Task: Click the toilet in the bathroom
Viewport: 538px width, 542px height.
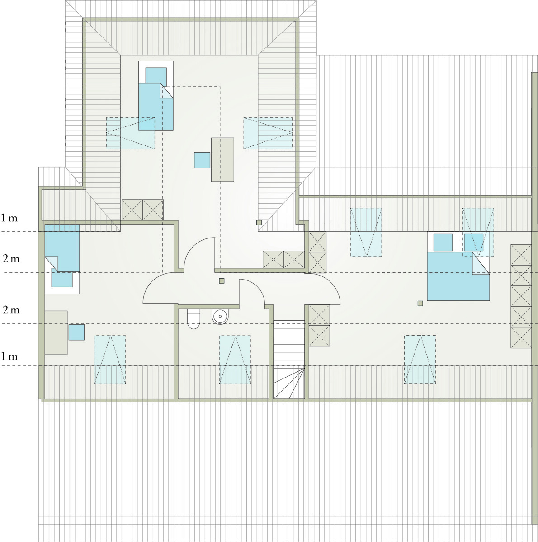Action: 193,319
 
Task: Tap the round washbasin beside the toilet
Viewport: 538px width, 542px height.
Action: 220,317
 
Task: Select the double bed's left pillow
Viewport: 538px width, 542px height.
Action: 443,242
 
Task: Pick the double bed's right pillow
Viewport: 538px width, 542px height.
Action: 473,242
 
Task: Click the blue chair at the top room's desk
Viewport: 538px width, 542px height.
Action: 202,160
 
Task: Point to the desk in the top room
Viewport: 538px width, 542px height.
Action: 222,160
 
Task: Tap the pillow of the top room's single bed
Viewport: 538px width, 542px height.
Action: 156,76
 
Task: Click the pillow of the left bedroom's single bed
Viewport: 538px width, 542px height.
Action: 62,278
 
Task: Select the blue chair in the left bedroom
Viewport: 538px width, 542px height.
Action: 76,332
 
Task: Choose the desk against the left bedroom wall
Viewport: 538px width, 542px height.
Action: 56,333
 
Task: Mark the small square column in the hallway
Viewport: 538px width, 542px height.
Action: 222,280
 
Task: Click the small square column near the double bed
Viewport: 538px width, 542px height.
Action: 420,303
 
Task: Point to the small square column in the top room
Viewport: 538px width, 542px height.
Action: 259,223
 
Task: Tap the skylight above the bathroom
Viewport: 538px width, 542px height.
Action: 235,360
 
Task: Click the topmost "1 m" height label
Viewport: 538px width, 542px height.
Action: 9,218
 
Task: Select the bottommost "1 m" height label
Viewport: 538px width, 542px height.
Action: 9,356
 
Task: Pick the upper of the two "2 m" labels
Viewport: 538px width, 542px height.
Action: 11,258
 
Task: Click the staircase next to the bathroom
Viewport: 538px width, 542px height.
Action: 289,359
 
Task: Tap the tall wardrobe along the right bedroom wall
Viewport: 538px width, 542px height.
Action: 521,296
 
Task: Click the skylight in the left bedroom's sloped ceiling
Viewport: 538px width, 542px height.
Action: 110,360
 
